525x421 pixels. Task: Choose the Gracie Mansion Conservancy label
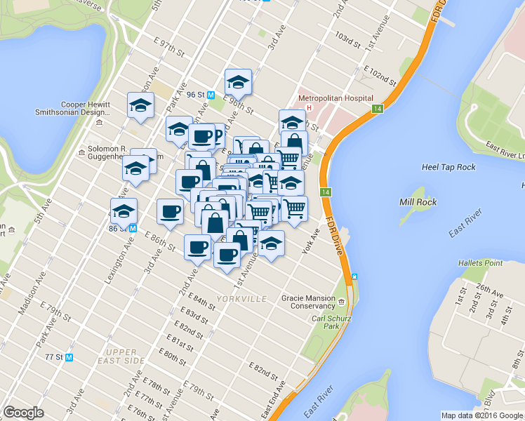point(309,302)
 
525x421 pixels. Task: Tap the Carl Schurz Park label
point(326,322)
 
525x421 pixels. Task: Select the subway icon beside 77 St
point(69,357)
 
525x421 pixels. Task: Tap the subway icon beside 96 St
point(211,95)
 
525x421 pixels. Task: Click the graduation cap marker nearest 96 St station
point(238,82)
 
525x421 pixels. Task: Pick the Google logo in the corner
point(23,413)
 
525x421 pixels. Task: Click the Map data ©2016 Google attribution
point(481,415)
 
